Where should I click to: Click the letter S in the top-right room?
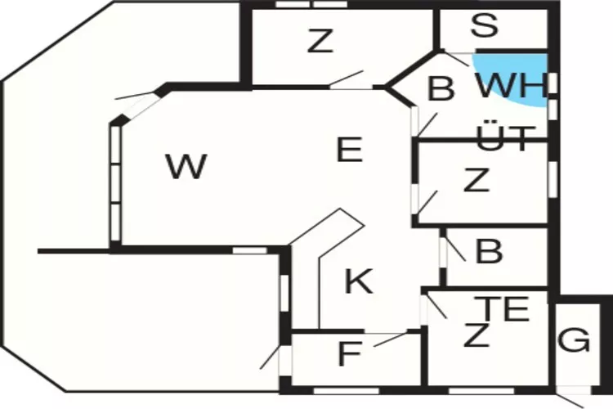click(485, 25)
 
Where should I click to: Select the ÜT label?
click(504, 137)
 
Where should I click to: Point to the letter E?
click(349, 150)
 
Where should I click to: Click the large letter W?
click(186, 167)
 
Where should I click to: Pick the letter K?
click(358, 281)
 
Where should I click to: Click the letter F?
click(349, 355)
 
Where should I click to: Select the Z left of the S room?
click(321, 41)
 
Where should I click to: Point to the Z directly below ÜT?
click(476, 181)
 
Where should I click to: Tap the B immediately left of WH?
click(441, 89)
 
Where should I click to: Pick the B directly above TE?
click(488, 252)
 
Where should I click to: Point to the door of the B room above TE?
click(455, 249)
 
